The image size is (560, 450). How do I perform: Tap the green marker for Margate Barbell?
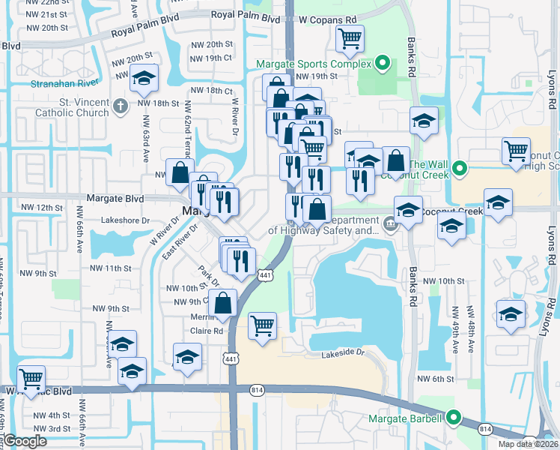click(x=453, y=418)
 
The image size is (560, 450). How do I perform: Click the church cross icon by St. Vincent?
click(x=120, y=106)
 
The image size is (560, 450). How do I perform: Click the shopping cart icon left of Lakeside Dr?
click(x=262, y=325)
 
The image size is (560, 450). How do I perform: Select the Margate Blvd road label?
click(x=115, y=199)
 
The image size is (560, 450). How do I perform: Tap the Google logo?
click(x=25, y=441)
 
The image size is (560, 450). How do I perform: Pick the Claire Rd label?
click(x=207, y=331)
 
